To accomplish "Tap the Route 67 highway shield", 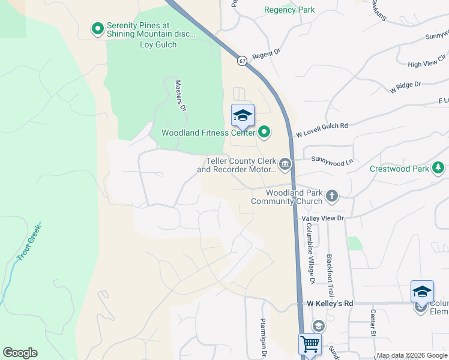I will [x=241, y=61].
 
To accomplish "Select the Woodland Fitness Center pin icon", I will [x=264, y=132].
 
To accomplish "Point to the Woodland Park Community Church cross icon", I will [x=331, y=196].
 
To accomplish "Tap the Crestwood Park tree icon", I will [x=439, y=168].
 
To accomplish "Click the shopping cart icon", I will [x=310, y=345].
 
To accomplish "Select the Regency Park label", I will [x=289, y=10].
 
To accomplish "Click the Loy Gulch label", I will [x=158, y=44].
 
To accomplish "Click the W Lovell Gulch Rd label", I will [x=321, y=127].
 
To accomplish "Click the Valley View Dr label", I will [x=323, y=218].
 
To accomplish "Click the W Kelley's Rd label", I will [x=330, y=304].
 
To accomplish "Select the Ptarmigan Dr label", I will [x=262, y=336].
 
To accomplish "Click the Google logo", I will [x=20, y=353].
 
